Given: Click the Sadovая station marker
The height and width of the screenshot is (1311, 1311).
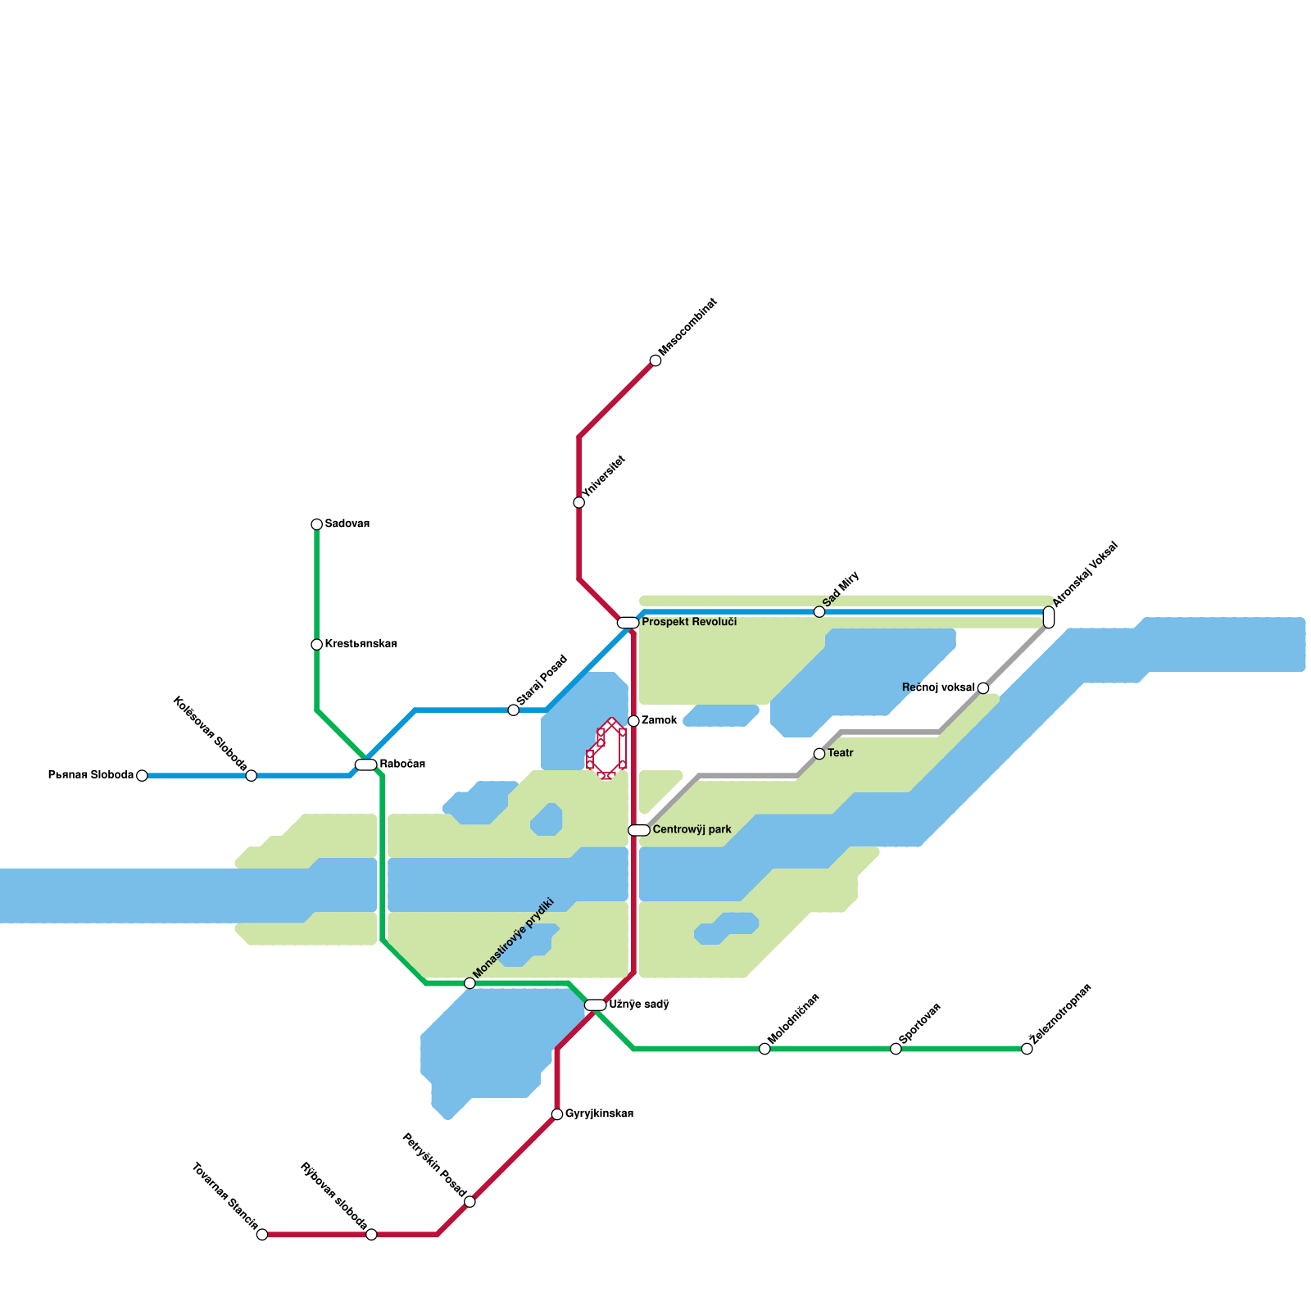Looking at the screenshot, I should pyautogui.click(x=316, y=524).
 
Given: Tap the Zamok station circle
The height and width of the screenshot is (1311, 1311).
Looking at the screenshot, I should pyautogui.click(x=633, y=721).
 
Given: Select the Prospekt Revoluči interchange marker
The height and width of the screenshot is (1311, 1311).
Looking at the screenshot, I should pyautogui.click(x=628, y=623).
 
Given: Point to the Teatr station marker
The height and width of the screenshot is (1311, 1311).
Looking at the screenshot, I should pyautogui.click(x=819, y=754).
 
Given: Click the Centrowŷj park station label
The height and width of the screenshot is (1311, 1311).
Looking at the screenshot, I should pyautogui.click(x=692, y=830).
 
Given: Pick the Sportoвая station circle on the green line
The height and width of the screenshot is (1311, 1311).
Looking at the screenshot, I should pyautogui.click(x=896, y=1049).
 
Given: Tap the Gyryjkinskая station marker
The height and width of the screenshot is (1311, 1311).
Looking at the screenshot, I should pyautogui.click(x=557, y=1114).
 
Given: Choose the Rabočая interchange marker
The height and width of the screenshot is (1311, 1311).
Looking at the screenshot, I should pyautogui.click(x=365, y=764).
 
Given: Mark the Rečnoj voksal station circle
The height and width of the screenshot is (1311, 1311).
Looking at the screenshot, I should pyautogui.click(x=983, y=688).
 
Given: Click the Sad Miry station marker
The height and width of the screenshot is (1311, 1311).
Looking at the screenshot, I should pyautogui.click(x=819, y=612).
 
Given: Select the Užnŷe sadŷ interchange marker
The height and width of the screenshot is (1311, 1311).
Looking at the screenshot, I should pyautogui.click(x=595, y=1005).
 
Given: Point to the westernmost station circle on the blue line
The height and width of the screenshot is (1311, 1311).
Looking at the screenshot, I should pyautogui.click(x=142, y=776).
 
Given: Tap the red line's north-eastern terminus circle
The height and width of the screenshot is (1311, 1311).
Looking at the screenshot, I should pyautogui.click(x=655, y=361).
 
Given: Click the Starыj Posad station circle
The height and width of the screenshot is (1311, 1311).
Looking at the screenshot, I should pyautogui.click(x=514, y=710).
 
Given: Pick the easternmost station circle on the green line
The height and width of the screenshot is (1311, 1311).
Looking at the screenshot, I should pyautogui.click(x=1027, y=1049).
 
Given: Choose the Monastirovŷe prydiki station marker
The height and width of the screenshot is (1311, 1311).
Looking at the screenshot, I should pyautogui.click(x=470, y=983).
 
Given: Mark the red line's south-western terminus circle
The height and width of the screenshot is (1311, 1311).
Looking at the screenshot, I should pyautogui.click(x=262, y=1235).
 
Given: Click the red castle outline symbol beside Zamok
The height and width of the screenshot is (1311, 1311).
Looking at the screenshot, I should pyautogui.click(x=607, y=748).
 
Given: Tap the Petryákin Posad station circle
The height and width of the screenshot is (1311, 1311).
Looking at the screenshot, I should pyautogui.click(x=470, y=1202).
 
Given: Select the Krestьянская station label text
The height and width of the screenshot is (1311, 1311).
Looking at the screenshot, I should pyautogui.click(x=361, y=644).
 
